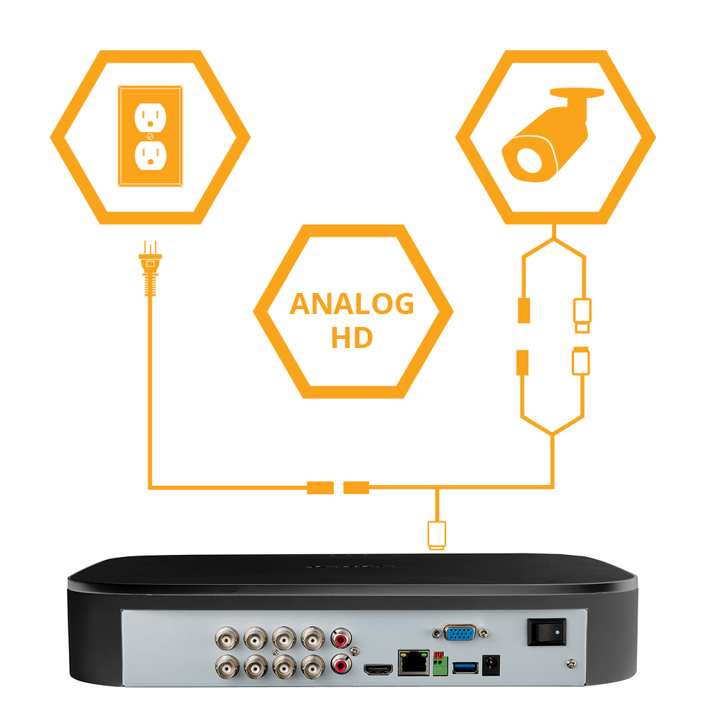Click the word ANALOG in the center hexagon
[352, 304]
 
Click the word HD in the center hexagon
[352, 337]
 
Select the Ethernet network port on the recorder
[414, 662]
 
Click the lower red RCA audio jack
[343, 665]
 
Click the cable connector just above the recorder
[437, 534]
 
